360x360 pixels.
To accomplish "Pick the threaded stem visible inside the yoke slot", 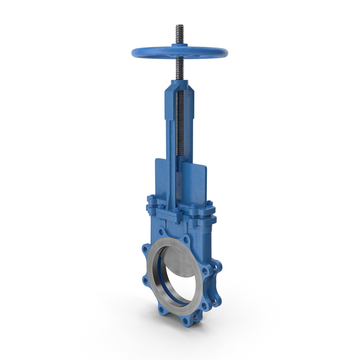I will click(x=180, y=132).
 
